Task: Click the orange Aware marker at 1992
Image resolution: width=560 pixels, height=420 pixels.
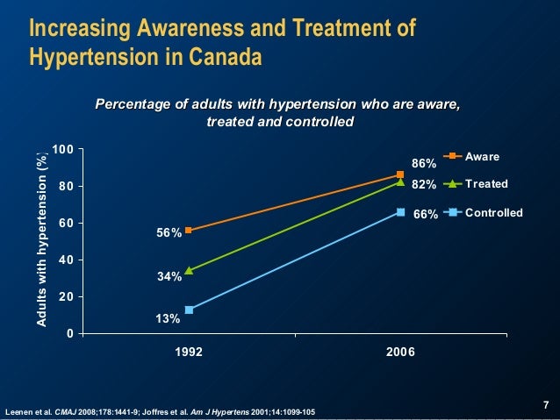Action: (x=189, y=231)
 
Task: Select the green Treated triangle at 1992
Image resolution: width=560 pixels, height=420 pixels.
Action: (x=189, y=270)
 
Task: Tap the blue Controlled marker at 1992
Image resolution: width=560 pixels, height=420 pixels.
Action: (x=189, y=310)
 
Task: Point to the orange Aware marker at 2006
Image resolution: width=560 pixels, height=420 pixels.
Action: (x=400, y=175)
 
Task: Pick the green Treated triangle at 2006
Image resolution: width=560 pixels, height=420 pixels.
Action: (x=400, y=182)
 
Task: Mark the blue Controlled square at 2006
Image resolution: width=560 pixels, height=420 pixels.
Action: (x=400, y=212)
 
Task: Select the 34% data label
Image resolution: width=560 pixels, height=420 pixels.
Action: (x=169, y=277)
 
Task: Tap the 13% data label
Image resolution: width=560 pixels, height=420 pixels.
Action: (x=169, y=318)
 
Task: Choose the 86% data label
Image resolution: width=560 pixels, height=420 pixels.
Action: (x=425, y=163)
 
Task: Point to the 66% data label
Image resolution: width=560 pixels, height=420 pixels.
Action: (x=426, y=213)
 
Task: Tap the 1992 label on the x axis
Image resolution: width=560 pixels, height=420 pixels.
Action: (x=189, y=352)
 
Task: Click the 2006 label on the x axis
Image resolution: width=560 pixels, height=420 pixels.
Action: (x=400, y=352)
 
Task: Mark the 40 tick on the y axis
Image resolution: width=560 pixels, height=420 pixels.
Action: (x=65, y=260)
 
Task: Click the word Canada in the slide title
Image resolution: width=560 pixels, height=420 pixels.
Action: (x=227, y=59)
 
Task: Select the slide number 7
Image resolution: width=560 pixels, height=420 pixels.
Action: (x=545, y=404)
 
